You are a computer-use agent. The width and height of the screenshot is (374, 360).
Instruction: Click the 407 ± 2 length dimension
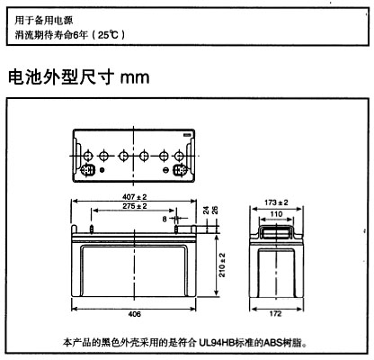(135, 197)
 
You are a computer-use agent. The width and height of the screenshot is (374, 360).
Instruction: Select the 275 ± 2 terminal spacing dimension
(135, 206)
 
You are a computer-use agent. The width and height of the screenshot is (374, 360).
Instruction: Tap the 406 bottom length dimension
(134, 314)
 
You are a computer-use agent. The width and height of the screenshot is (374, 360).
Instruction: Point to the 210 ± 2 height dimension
(222, 265)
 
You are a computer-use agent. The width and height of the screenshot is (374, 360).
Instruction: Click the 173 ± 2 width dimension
(276, 202)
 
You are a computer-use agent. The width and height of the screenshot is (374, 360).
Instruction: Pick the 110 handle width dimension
(276, 214)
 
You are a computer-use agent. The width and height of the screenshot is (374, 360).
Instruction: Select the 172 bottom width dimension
(275, 314)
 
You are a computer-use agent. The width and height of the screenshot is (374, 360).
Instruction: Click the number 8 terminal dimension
(165, 220)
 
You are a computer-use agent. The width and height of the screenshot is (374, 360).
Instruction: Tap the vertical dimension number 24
(207, 210)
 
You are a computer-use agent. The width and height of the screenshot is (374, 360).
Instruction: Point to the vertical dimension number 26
(215, 210)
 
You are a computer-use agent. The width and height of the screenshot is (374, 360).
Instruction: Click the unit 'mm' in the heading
(135, 77)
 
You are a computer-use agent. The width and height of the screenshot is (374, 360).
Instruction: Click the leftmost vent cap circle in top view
(88, 156)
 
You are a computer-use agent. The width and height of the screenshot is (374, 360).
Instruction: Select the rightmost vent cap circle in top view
(179, 156)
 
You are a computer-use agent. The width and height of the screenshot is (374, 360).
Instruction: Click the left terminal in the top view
(88, 170)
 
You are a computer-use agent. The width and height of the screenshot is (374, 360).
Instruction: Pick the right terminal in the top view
(180, 170)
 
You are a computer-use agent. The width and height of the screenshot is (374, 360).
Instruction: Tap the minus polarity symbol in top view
(165, 170)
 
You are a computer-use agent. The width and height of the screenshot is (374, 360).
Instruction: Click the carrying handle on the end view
(276, 231)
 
